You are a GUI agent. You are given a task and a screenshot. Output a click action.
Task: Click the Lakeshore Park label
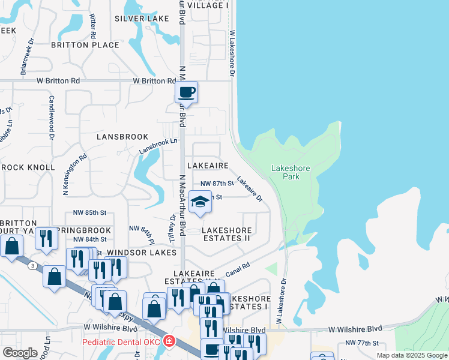point(291,172)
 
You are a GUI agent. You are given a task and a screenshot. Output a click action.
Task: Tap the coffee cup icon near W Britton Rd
point(186,92)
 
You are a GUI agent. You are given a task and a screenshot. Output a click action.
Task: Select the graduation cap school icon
point(200,202)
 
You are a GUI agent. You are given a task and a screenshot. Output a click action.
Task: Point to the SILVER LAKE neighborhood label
point(141,19)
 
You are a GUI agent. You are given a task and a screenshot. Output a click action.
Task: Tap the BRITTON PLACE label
point(85,45)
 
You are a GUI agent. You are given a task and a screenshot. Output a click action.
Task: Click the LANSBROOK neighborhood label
point(122,137)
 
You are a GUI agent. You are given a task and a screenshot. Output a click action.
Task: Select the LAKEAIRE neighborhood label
point(208,165)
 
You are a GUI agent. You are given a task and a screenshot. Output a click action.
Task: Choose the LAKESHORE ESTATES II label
point(226,234)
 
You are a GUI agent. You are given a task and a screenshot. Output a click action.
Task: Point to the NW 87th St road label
point(217,184)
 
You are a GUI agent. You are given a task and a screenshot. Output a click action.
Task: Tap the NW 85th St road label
point(89,212)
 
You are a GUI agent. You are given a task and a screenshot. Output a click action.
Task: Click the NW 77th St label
point(361,343)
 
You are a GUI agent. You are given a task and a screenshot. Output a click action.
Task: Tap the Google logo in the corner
point(20,353)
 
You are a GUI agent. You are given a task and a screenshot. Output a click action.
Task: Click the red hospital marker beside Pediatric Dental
point(170,341)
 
